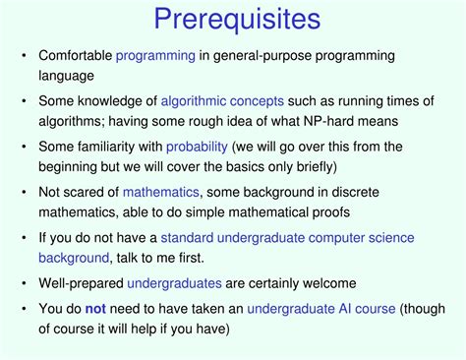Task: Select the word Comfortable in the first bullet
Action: pos(75,56)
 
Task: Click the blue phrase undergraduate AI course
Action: pos(320,309)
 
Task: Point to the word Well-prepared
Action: pos(82,283)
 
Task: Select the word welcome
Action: pos(306,283)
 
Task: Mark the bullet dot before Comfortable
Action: pos(24,56)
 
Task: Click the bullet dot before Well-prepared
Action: pos(24,283)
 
